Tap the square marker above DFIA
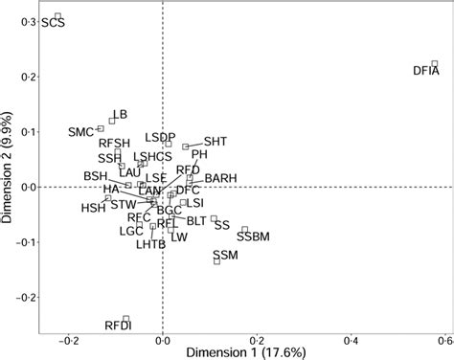click(x=434, y=64)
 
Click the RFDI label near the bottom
click(x=117, y=327)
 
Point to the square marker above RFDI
click(x=125, y=319)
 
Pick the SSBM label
click(x=253, y=236)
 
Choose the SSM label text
click(x=225, y=254)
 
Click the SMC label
click(x=82, y=131)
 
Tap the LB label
click(x=120, y=115)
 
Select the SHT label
click(x=216, y=140)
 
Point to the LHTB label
click(x=151, y=244)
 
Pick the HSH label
click(x=93, y=208)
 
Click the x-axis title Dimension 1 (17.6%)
click(x=244, y=351)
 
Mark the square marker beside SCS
click(x=58, y=16)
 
